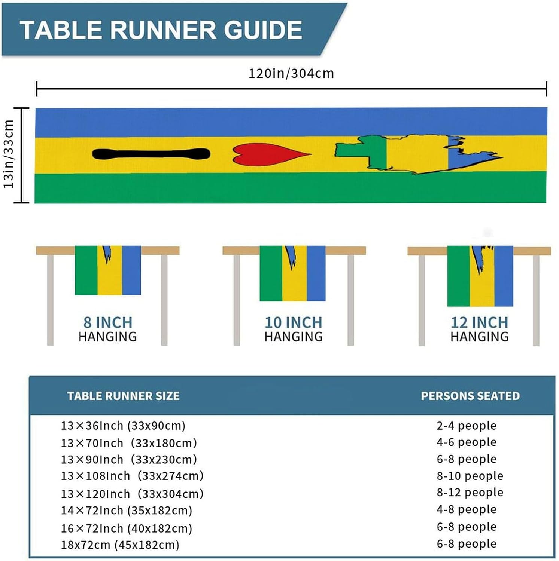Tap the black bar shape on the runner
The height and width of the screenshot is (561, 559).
pos(151,154)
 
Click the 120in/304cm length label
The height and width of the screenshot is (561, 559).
pos(291,73)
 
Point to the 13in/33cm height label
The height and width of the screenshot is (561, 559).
pos(9,154)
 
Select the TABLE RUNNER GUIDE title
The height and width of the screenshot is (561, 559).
pos(161,30)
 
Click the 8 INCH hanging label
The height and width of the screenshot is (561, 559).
pos(108,329)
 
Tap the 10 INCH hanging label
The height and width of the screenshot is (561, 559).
pos(294,329)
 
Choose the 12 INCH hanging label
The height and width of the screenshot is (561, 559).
pos(480,329)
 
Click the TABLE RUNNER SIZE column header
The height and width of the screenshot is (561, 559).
pos(123,396)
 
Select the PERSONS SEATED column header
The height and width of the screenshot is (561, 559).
pos(470,396)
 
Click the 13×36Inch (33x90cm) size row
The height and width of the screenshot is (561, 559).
pos(123,426)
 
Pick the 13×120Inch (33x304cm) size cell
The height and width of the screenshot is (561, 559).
pos(132,494)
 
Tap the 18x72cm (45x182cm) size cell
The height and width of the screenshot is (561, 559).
pos(120,545)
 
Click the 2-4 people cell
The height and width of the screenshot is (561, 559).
pos(467,426)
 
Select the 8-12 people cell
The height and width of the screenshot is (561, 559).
pos(470,492)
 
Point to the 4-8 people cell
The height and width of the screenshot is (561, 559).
pos(467,509)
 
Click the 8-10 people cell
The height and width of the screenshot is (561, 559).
pos(470,476)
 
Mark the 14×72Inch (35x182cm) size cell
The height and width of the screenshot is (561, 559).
pos(127,511)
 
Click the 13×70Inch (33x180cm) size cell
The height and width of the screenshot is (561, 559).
pos(129,443)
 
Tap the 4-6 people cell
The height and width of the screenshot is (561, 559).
pos(467,442)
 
